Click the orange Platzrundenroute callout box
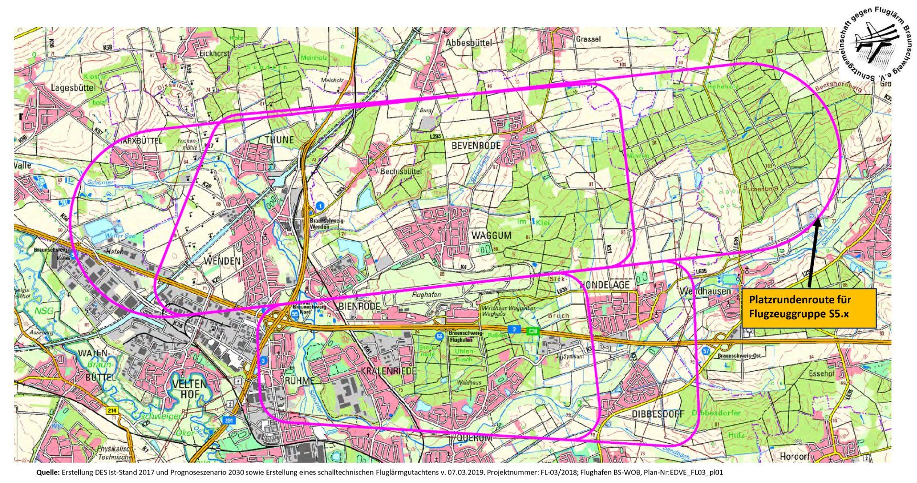(809, 308)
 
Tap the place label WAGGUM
(491, 236)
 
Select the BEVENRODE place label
(476, 145)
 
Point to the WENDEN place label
(222, 261)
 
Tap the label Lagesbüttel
(73, 88)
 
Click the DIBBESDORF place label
(658, 414)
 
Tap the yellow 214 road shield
(112, 410)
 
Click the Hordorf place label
(795, 456)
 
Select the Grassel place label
(588, 39)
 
